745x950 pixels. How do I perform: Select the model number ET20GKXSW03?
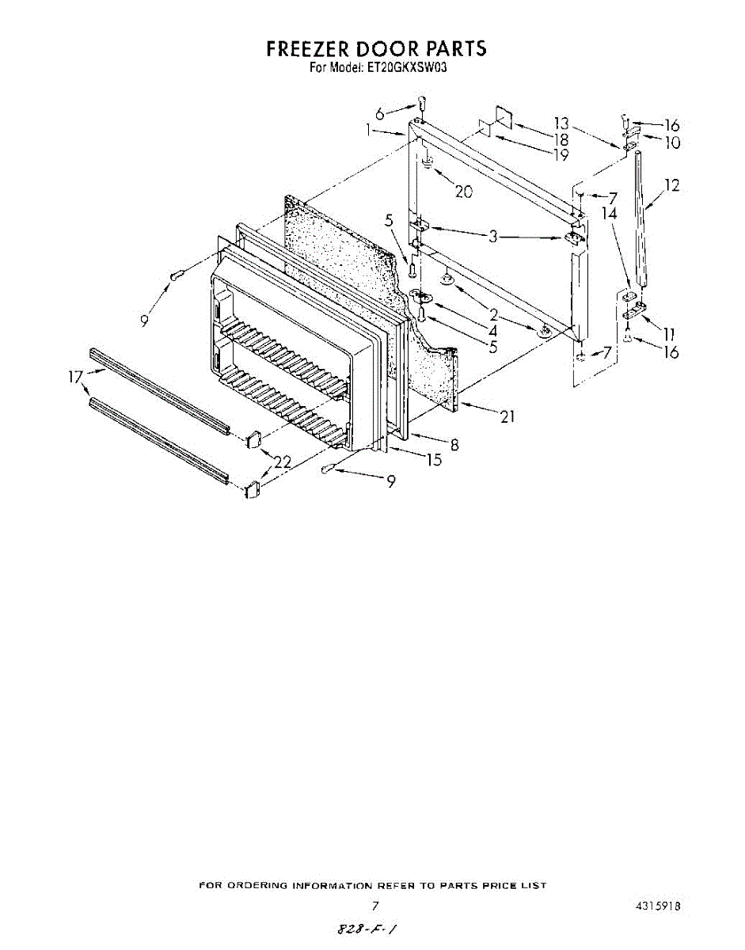tap(407, 68)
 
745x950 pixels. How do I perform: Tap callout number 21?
tap(507, 416)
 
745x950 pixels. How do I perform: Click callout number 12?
tap(672, 186)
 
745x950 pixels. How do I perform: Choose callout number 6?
tap(380, 114)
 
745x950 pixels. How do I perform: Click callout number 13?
tap(561, 123)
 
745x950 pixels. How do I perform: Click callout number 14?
tap(609, 213)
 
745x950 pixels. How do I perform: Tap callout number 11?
tap(671, 335)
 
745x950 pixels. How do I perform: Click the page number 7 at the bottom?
tap(375, 905)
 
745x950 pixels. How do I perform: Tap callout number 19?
tap(561, 154)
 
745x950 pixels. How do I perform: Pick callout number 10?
tap(672, 143)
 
